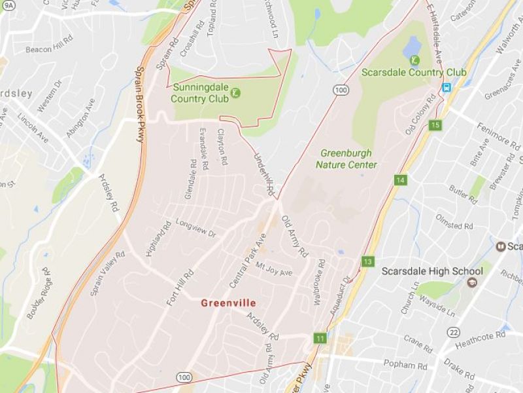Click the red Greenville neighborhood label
tap(228, 303)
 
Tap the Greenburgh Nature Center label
tap(346, 159)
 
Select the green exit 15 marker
tap(436, 124)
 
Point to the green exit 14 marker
tap(401, 179)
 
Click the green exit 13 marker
tap(368, 262)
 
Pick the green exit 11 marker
tap(320, 338)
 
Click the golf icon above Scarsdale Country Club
tap(414, 61)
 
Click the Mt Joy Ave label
tap(274, 269)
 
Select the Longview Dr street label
tap(195, 229)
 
